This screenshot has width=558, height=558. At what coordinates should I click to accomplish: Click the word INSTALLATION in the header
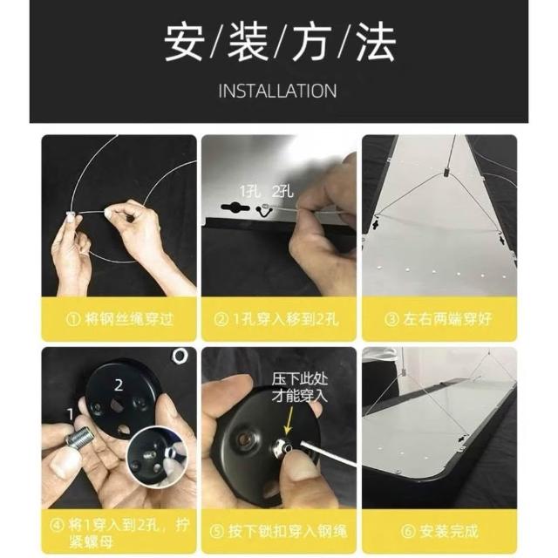(277, 91)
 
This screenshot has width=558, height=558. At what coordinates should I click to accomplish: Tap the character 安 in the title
(184, 42)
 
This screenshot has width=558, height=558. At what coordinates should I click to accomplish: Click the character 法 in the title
(376, 42)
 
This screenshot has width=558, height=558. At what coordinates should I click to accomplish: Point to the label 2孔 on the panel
(282, 191)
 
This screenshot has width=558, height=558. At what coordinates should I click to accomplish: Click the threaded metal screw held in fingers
(78, 437)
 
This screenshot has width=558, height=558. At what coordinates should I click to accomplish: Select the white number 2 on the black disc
(119, 385)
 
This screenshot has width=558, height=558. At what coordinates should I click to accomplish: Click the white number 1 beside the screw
(71, 414)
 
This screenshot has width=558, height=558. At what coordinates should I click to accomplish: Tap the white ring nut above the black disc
(180, 356)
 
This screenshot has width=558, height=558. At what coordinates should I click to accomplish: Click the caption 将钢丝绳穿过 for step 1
(129, 319)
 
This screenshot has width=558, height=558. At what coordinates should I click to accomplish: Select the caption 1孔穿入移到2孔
(285, 319)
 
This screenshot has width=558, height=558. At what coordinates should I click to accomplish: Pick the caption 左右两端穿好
(447, 319)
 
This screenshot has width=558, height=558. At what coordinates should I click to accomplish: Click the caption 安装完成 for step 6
(448, 531)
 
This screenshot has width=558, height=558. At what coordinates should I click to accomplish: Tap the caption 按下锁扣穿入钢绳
(287, 531)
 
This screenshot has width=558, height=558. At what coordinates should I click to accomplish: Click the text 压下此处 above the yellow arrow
(300, 379)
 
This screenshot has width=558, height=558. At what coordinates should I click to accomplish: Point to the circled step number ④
(57, 525)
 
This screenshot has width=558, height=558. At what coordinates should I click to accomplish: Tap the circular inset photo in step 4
(157, 455)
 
